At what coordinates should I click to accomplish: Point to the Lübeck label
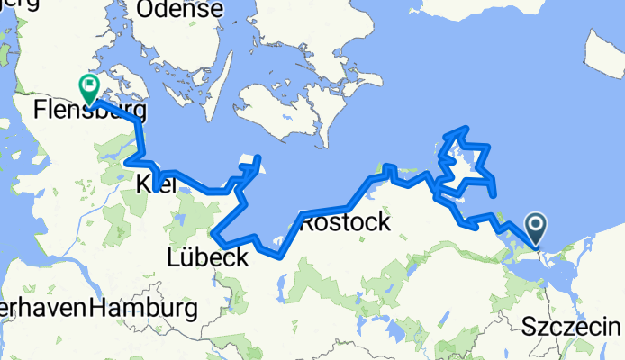point(207,258)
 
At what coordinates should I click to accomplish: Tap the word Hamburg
point(143,309)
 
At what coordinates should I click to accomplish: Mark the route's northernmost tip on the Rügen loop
point(465,129)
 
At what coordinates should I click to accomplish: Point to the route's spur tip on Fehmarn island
point(258,158)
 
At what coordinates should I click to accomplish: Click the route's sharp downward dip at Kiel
point(159,190)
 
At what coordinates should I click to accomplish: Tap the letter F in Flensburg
point(39,112)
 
